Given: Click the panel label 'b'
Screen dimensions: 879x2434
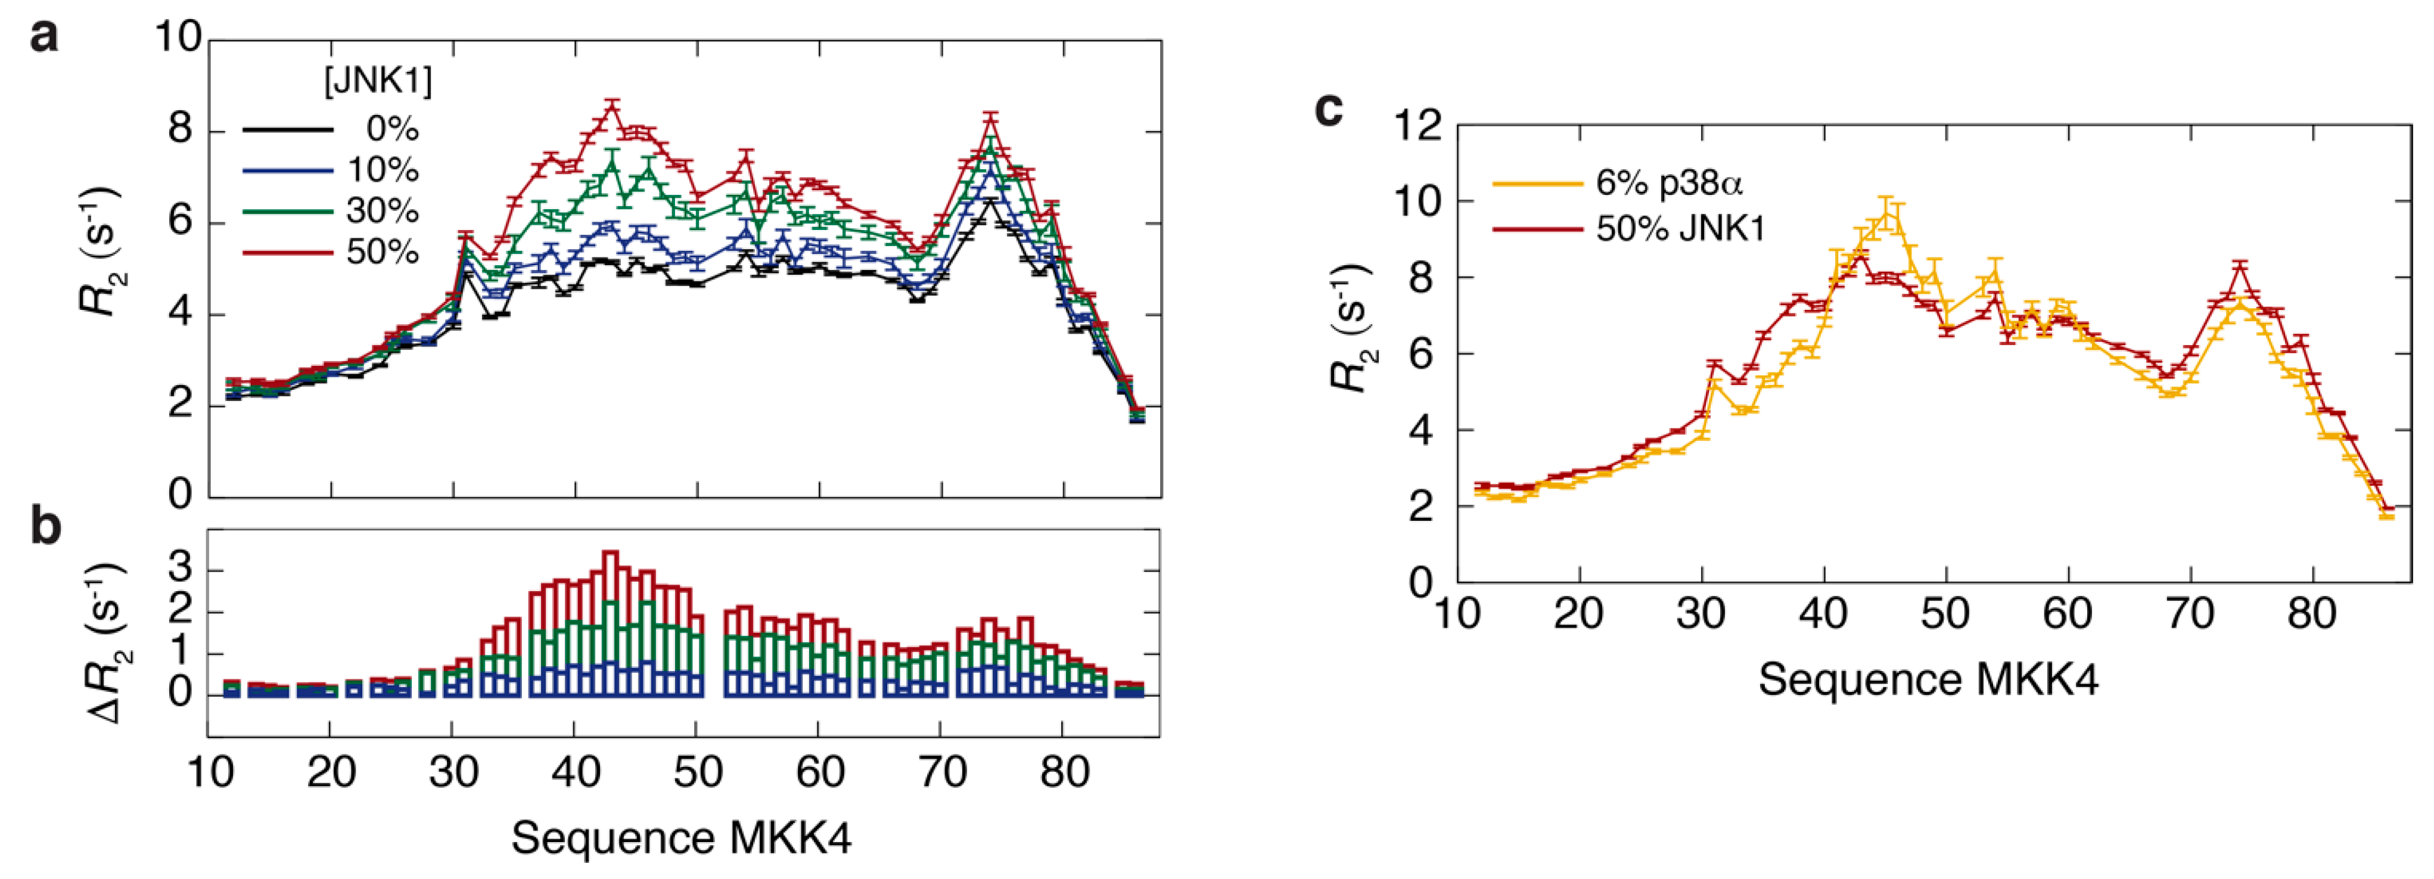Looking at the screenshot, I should [45, 526].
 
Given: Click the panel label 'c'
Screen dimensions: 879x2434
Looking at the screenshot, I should [1329, 111].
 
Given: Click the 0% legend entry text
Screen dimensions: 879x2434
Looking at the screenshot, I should [392, 129].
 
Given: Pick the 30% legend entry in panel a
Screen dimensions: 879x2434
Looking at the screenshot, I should [383, 211].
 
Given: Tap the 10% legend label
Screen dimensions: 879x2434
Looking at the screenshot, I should [383, 170].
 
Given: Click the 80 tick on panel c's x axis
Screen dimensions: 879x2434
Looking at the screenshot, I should [2311, 614].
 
